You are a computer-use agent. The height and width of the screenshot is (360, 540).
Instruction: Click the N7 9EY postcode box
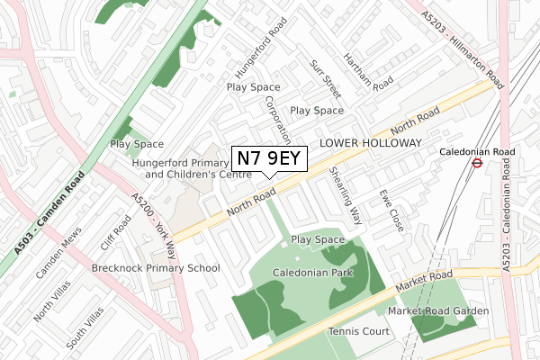pyautogui.click(x=270, y=158)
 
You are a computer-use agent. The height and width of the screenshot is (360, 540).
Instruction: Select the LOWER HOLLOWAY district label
pyautogui.click(x=371, y=143)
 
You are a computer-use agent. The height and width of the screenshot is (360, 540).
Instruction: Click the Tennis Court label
pyautogui.click(x=358, y=331)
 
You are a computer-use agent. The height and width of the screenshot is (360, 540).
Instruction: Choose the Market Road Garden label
pyautogui.click(x=438, y=310)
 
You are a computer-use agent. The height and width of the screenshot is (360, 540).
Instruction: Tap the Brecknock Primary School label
pyautogui.click(x=156, y=268)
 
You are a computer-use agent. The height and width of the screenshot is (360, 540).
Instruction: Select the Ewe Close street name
pyautogui.click(x=389, y=209)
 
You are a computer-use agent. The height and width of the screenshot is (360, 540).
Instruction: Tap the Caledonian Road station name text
pyautogui.click(x=476, y=152)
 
